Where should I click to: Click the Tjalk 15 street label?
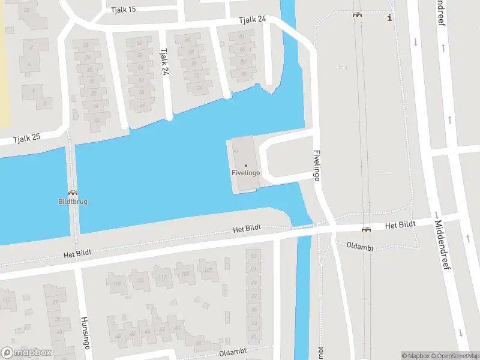click(x=124, y=10)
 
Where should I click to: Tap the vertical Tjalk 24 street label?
click(x=164, y=62)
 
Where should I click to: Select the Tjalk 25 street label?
click(x=28, y=137)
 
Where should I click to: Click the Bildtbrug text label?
click(x=73, y=202)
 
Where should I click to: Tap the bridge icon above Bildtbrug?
click(x=73, y=193)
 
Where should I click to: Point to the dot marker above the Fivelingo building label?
click(x=245, y=166)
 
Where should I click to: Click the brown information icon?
click(x=390, y=17)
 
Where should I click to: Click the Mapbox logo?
click(x=26, y=353)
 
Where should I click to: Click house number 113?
click(x=139, y=280)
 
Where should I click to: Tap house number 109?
click(x=185, y=274)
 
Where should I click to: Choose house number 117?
click(x=7, y=300)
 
